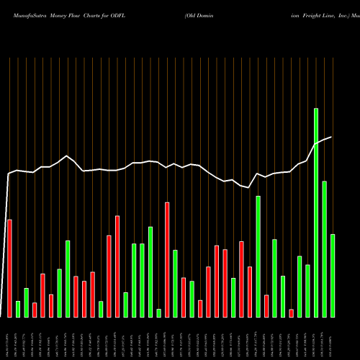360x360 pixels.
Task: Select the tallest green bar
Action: [x=316, y=212]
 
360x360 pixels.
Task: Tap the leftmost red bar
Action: [x=9, y=268]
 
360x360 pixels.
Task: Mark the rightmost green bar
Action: [x=333, y=275]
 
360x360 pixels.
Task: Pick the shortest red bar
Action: [x=292, y=312]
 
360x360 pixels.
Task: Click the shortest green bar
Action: [x=158, y=312]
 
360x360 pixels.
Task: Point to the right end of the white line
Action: [x=332, y=137]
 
